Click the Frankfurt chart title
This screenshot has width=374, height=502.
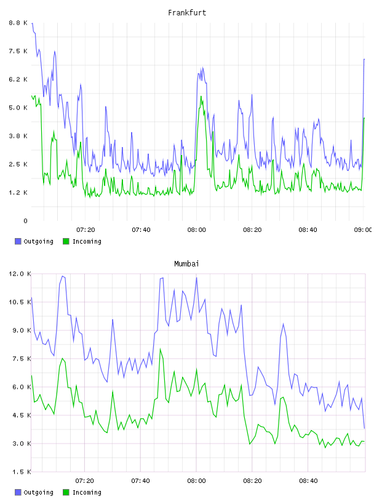[187, 13]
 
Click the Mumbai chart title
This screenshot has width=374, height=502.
[186, 264]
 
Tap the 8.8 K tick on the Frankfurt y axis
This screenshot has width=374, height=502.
[18, 23]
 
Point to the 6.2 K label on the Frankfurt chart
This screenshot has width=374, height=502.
[18, 79]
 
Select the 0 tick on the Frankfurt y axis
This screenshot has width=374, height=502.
[26, 221]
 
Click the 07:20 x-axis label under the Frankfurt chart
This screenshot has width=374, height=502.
[86, 230]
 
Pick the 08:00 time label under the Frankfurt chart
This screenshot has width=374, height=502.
[197, 230]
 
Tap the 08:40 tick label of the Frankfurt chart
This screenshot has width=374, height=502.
[308, 230]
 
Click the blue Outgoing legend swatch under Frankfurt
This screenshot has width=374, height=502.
[18, 241]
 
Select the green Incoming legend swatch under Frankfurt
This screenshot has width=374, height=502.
[66, 241]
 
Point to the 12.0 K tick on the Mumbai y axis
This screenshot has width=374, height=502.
[20, 274]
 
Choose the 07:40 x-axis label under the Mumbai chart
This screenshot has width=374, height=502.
[141, 481]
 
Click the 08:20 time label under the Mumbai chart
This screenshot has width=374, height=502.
[252, 481]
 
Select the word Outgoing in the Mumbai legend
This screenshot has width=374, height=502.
[38, 492]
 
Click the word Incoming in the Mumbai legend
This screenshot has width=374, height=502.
[87, 492]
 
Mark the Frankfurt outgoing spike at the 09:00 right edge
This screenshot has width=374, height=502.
[364, 59]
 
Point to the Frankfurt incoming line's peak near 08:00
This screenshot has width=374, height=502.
[201, 96]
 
